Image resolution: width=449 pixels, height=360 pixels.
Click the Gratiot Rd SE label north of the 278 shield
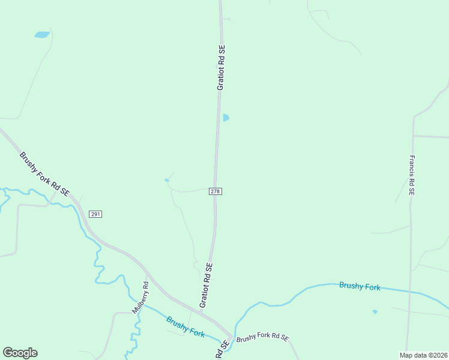pyautogui.click(x=221, y=67)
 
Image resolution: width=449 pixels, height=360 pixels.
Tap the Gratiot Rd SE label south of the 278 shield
pyautogui.click(x=206, y=285)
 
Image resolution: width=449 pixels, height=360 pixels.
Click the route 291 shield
pyautogui.click(x=95, y=214)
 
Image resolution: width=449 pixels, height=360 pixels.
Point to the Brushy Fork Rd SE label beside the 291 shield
pyautogui.click(x=44, y=175)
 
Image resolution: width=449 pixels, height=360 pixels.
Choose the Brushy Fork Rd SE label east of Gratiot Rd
pyautogui.click(x=262, y=338)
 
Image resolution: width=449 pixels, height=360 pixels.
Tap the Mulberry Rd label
pyautogui.click(x=140, y=298)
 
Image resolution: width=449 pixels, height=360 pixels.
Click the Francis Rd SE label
pyautogui.click(x=412, y=175)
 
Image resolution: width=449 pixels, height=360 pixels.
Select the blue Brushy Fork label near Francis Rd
pyautogui.click(x=360, y=286)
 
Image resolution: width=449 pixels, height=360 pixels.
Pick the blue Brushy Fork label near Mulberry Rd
pyautogui.click(x=185, y=327)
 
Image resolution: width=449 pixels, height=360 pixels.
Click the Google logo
pyautogui.click(x=20, y=353)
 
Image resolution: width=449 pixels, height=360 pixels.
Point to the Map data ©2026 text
pyautogui.click(x=424, y=355)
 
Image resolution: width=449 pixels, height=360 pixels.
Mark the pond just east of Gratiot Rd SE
pyautogui.click(x=226, y=118)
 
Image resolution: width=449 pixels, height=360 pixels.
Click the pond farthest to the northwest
pyautogui.click(x=42, y=35)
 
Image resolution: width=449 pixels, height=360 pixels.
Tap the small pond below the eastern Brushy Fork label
pyautogui.click(x=375, y=311)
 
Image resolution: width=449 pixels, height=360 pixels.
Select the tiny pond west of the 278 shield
pyautogui.click(x=167, y=180)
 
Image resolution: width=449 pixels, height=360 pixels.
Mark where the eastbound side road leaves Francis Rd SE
pyautogui.click(x=413, y=136)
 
